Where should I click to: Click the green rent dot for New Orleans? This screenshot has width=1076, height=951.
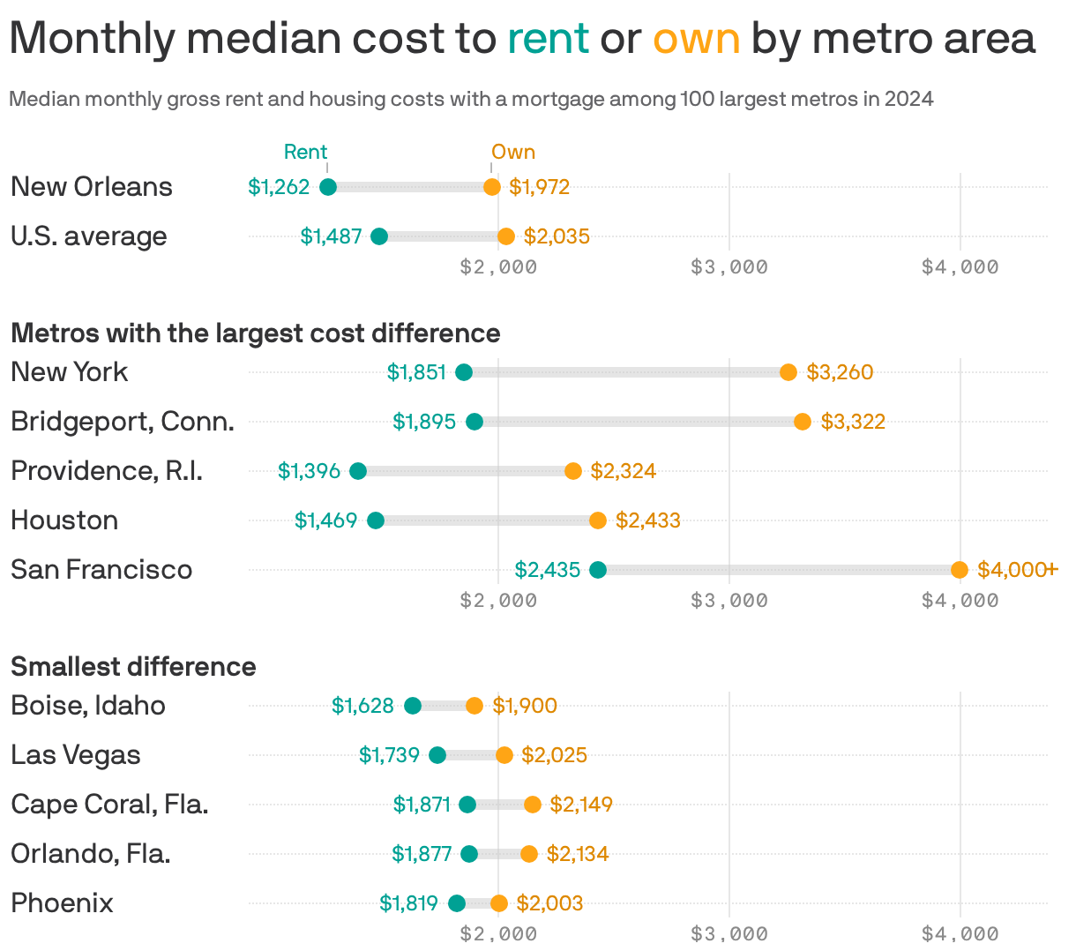[327, 187]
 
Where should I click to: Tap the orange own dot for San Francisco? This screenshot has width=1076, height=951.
[960, 570]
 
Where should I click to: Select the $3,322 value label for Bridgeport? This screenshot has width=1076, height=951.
[852, 422]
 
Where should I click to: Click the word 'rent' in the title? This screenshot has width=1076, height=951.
[548, 39]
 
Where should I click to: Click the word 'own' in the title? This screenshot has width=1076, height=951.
[696, 39]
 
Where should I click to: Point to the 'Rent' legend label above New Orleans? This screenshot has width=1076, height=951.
[305, 152]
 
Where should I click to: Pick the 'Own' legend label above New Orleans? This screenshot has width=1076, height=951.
[513, 152]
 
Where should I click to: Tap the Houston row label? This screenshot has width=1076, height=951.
[64, 520]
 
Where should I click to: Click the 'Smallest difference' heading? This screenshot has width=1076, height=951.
[133, 666]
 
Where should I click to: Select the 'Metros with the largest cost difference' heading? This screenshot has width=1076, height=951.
[255, 333]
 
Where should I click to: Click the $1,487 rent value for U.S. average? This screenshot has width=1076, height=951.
[331, 236]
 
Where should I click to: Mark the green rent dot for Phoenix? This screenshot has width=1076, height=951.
[457, 903]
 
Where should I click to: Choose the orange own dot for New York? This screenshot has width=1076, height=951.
[788, 372]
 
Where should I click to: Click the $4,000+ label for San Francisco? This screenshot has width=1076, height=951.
[1016, 570]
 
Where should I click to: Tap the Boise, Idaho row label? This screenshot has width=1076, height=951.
[88, 706]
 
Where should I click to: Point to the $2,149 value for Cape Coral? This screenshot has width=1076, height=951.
[580, 805]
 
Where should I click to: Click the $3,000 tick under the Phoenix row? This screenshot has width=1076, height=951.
[729, 933]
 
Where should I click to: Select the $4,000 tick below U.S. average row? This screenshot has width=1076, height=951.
[960, 266]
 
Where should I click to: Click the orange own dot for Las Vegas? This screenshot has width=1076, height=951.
[504, 755]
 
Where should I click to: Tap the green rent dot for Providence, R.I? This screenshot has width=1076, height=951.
[358, 471]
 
